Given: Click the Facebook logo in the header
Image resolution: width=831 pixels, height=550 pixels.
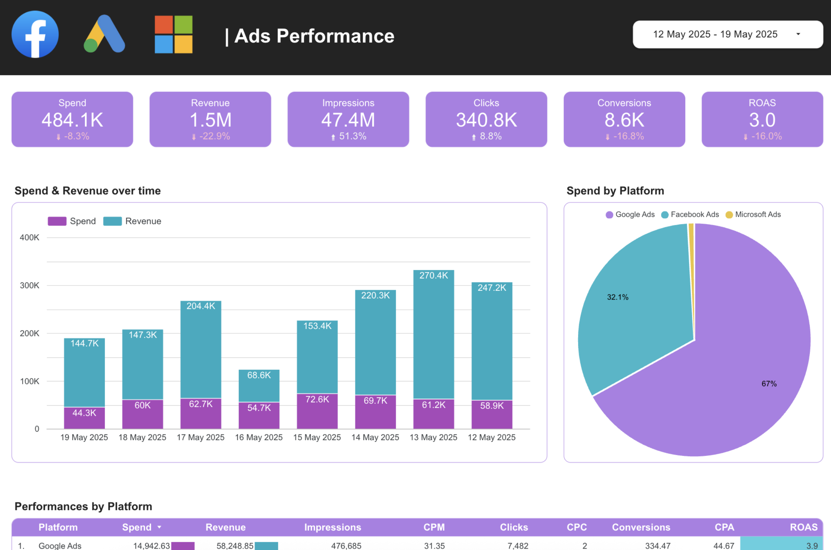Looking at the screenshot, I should click(x=35, y=34).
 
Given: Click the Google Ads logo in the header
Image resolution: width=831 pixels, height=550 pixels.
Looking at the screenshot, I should click(x=104, y=34).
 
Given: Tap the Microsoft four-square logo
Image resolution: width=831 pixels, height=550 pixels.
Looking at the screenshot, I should click(x=174, y=34).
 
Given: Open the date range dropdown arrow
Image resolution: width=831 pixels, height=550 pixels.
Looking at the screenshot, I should click(x=798, y=34).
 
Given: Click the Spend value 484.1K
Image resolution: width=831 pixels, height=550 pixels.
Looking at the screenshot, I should click(x=72, y=120).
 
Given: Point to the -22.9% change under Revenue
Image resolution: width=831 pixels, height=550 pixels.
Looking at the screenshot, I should click(x=214, y=136).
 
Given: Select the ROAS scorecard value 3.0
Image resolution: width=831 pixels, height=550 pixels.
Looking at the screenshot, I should click(x=762, y=120).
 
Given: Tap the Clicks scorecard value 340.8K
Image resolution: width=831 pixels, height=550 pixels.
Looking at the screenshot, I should click(x=486, y=120).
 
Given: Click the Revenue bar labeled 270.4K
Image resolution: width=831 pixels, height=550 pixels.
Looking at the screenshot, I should click(x=434, y=333).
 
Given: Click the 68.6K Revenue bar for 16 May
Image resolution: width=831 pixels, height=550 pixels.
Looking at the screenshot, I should click(x=259, y=385).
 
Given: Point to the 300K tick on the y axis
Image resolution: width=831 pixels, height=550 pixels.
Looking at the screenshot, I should click(x=30, y=285).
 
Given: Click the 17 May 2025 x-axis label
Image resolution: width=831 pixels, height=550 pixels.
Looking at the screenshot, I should click(x=201, y=437).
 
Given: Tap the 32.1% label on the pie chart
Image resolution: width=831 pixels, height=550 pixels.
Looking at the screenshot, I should click(x=618, y=297).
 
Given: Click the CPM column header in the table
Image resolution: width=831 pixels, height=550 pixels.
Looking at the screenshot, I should click(x=434, y=527).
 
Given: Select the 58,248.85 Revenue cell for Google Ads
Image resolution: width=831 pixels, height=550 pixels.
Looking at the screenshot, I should click(x=235, y=545).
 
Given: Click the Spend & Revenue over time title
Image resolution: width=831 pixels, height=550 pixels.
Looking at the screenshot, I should click(x=88, y=191).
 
